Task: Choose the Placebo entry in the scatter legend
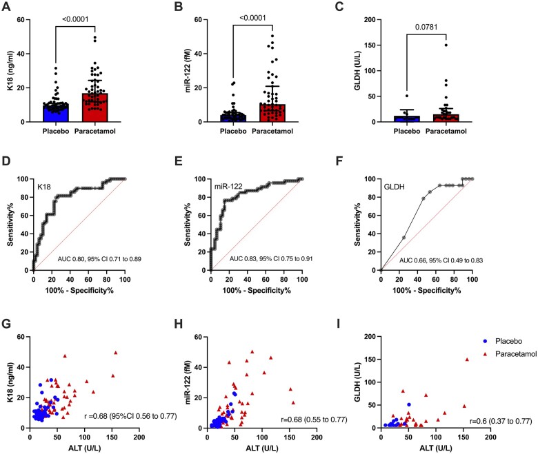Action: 465,342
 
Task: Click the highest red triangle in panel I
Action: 467,360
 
